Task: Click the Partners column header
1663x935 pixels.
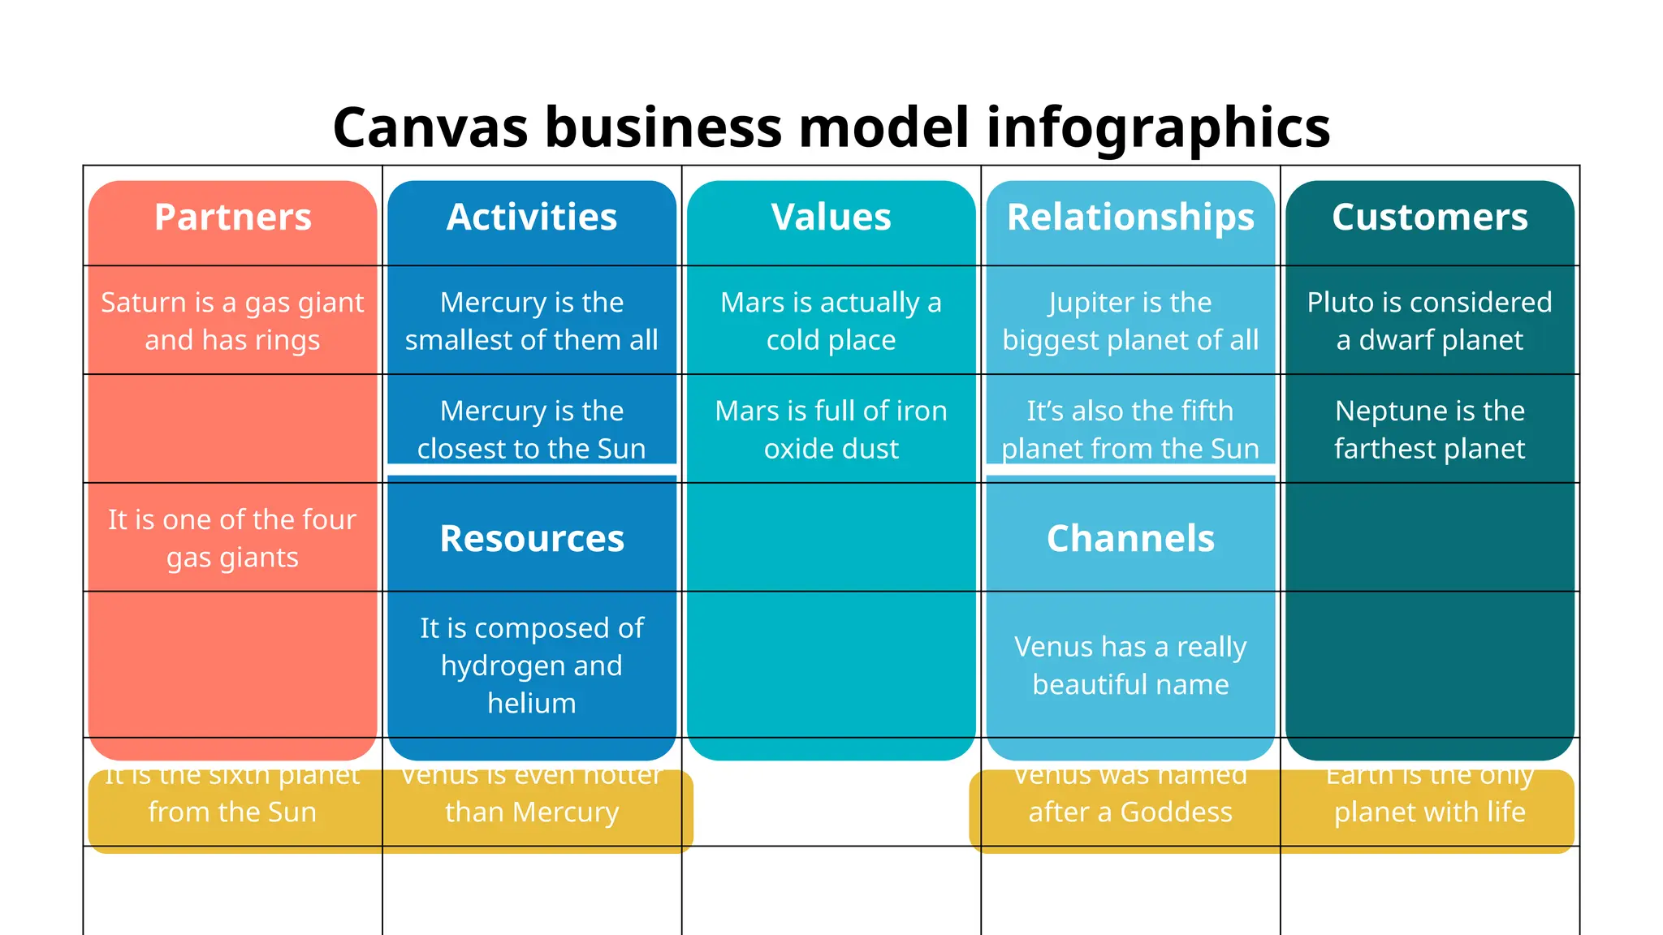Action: pyautogui.click(x=232, y=218)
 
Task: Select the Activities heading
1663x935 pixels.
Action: pyautogui.click(x=532, y=218)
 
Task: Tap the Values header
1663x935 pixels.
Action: pyautogui.click(x=831, y=218)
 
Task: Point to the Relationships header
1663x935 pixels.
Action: pyautogui.click(x=1130, y=218)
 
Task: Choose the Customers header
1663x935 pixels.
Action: pyautogui.click(x=1429, y=218)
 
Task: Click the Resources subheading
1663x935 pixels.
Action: pyautogui.click(x=532, y=539)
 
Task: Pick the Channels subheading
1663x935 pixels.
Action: pyautogui.click(x=1130, y=539)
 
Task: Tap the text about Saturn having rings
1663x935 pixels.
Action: pyautogui.click(x=232, y=321)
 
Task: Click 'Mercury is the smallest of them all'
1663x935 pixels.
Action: pyautogui.click(x=532, y=321)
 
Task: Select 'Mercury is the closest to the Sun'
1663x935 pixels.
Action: pyautogui.click(x=532, y=430)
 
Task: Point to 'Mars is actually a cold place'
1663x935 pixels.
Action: pyautogui.click(x=831, y=321)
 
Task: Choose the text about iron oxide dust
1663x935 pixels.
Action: pyautogui.click(x=831, y=430)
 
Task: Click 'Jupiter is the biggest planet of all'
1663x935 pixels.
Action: pyautogui.click(x=1130, y=321)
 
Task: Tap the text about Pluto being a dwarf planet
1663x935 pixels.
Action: pyautogui.click(x=1429, y=321)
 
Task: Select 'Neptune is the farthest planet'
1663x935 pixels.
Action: pyautogui.click(x=1429, y=430)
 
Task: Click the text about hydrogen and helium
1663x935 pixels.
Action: pyautogui.click(x=532, y=666)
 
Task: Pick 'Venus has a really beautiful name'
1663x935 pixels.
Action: pyautogui.click(x=1130, y=666)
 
